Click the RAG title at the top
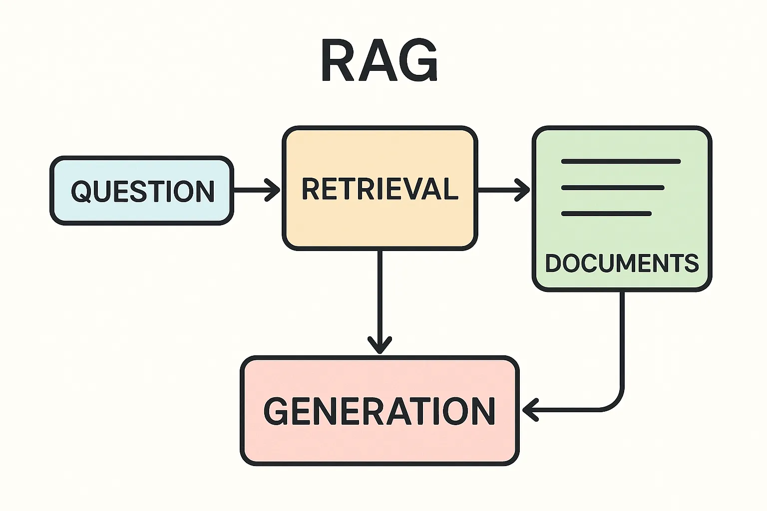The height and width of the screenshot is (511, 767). click(x=380, y=61)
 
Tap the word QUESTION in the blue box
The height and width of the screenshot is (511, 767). click(x=143, y=191)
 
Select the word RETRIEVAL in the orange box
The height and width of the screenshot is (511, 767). click(x=380, y=189)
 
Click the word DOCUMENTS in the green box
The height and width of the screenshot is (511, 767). click(x=622, y=263)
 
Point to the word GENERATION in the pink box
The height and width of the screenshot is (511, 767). click(x=380, y=411)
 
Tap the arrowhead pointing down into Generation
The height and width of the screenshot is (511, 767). click(x=380, y=344)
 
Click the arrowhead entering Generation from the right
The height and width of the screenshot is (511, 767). click(x=530, y=410)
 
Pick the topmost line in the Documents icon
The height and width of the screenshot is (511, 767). click(x=621, y=162)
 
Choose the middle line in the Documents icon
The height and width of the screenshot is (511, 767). click(x=613, y=188)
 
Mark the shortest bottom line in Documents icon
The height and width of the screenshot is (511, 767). click(x=606, y=214)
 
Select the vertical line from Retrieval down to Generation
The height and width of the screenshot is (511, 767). click(x=380, y=294)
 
